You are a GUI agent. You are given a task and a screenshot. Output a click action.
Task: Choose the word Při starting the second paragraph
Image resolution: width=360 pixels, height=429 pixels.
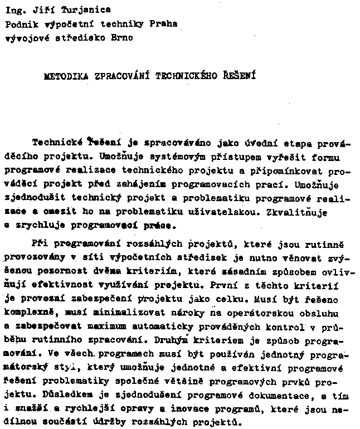pyautogui.click(x=41, y=244)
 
